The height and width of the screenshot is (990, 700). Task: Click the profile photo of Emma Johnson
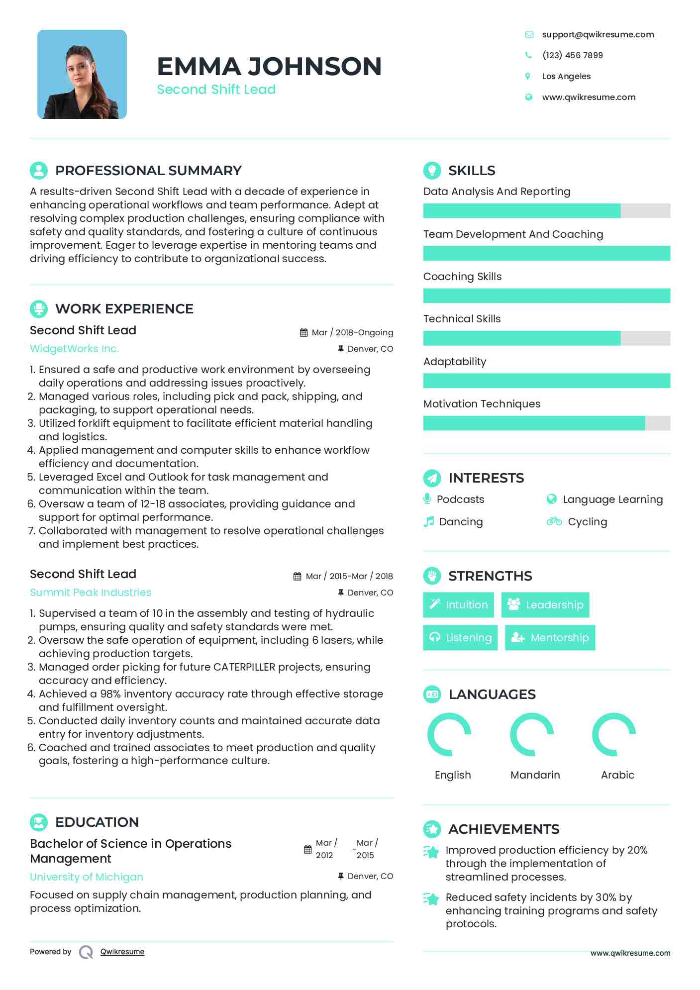tap(82, 75)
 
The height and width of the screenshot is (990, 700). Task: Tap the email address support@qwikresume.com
tap(598, 34)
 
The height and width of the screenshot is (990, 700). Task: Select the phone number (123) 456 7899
tap(572, 55)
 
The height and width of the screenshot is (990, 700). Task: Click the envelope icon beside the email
tap(529, 34)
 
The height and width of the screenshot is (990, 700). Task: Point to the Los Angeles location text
tap(566, 76)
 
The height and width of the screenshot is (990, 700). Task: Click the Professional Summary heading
tap(148, 171)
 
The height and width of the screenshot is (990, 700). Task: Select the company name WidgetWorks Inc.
tap(75, 349)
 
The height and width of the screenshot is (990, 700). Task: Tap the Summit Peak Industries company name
tap(91, 593)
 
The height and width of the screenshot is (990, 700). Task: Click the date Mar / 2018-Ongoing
tap(352, 332)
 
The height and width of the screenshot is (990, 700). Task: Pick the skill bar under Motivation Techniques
tap(546, 423)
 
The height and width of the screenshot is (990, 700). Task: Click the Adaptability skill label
tap(455, 362)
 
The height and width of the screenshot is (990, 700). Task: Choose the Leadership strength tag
tap(545, 605)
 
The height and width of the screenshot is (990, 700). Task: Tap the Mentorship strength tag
tap(550, 638)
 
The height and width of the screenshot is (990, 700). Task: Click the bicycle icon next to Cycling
tap(554, 522)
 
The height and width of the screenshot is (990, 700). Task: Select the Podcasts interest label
tap(460, 499)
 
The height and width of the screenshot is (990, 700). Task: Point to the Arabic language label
tap(617, 775)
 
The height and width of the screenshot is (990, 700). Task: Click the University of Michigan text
tap(87, 877)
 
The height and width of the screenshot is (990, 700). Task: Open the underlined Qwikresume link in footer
tap(122, 952)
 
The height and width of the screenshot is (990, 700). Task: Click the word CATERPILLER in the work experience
tap(244, 667)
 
